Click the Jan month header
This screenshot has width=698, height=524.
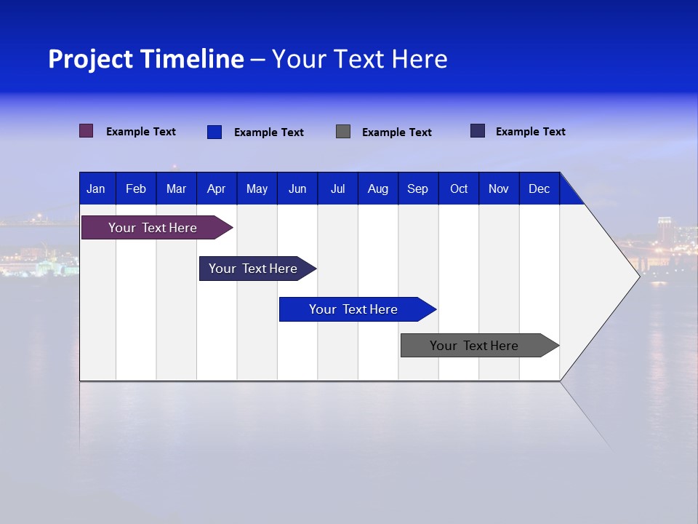[96, 188]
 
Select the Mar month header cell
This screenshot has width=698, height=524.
[176, 188]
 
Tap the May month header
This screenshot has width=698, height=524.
[257, 188]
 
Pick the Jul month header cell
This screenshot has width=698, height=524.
[337, 188]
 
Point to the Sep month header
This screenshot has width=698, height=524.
[417, 188]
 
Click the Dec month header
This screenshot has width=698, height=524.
[539, 188]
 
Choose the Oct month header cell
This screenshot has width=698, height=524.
[459, 188]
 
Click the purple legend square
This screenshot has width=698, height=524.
[87, 131]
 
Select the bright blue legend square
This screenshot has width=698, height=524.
[214, 132]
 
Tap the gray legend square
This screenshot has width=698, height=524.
[343, 132]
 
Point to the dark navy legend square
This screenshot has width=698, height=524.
[478, 131]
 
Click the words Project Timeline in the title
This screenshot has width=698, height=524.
[146, 59]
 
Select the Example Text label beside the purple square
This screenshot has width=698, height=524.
[141, 132]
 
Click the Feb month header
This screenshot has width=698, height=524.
[136, 188]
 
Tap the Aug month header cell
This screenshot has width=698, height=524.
[377, 188]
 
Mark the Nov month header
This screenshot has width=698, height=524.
[499, 188]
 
